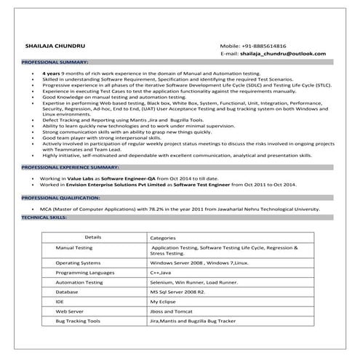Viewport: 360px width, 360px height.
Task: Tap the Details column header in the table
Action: coord(93,237)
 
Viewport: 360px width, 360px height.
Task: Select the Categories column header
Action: coord(163,238)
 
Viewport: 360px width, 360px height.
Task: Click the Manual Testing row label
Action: coord(74,248)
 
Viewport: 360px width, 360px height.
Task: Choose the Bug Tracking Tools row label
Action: coord(79,321)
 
